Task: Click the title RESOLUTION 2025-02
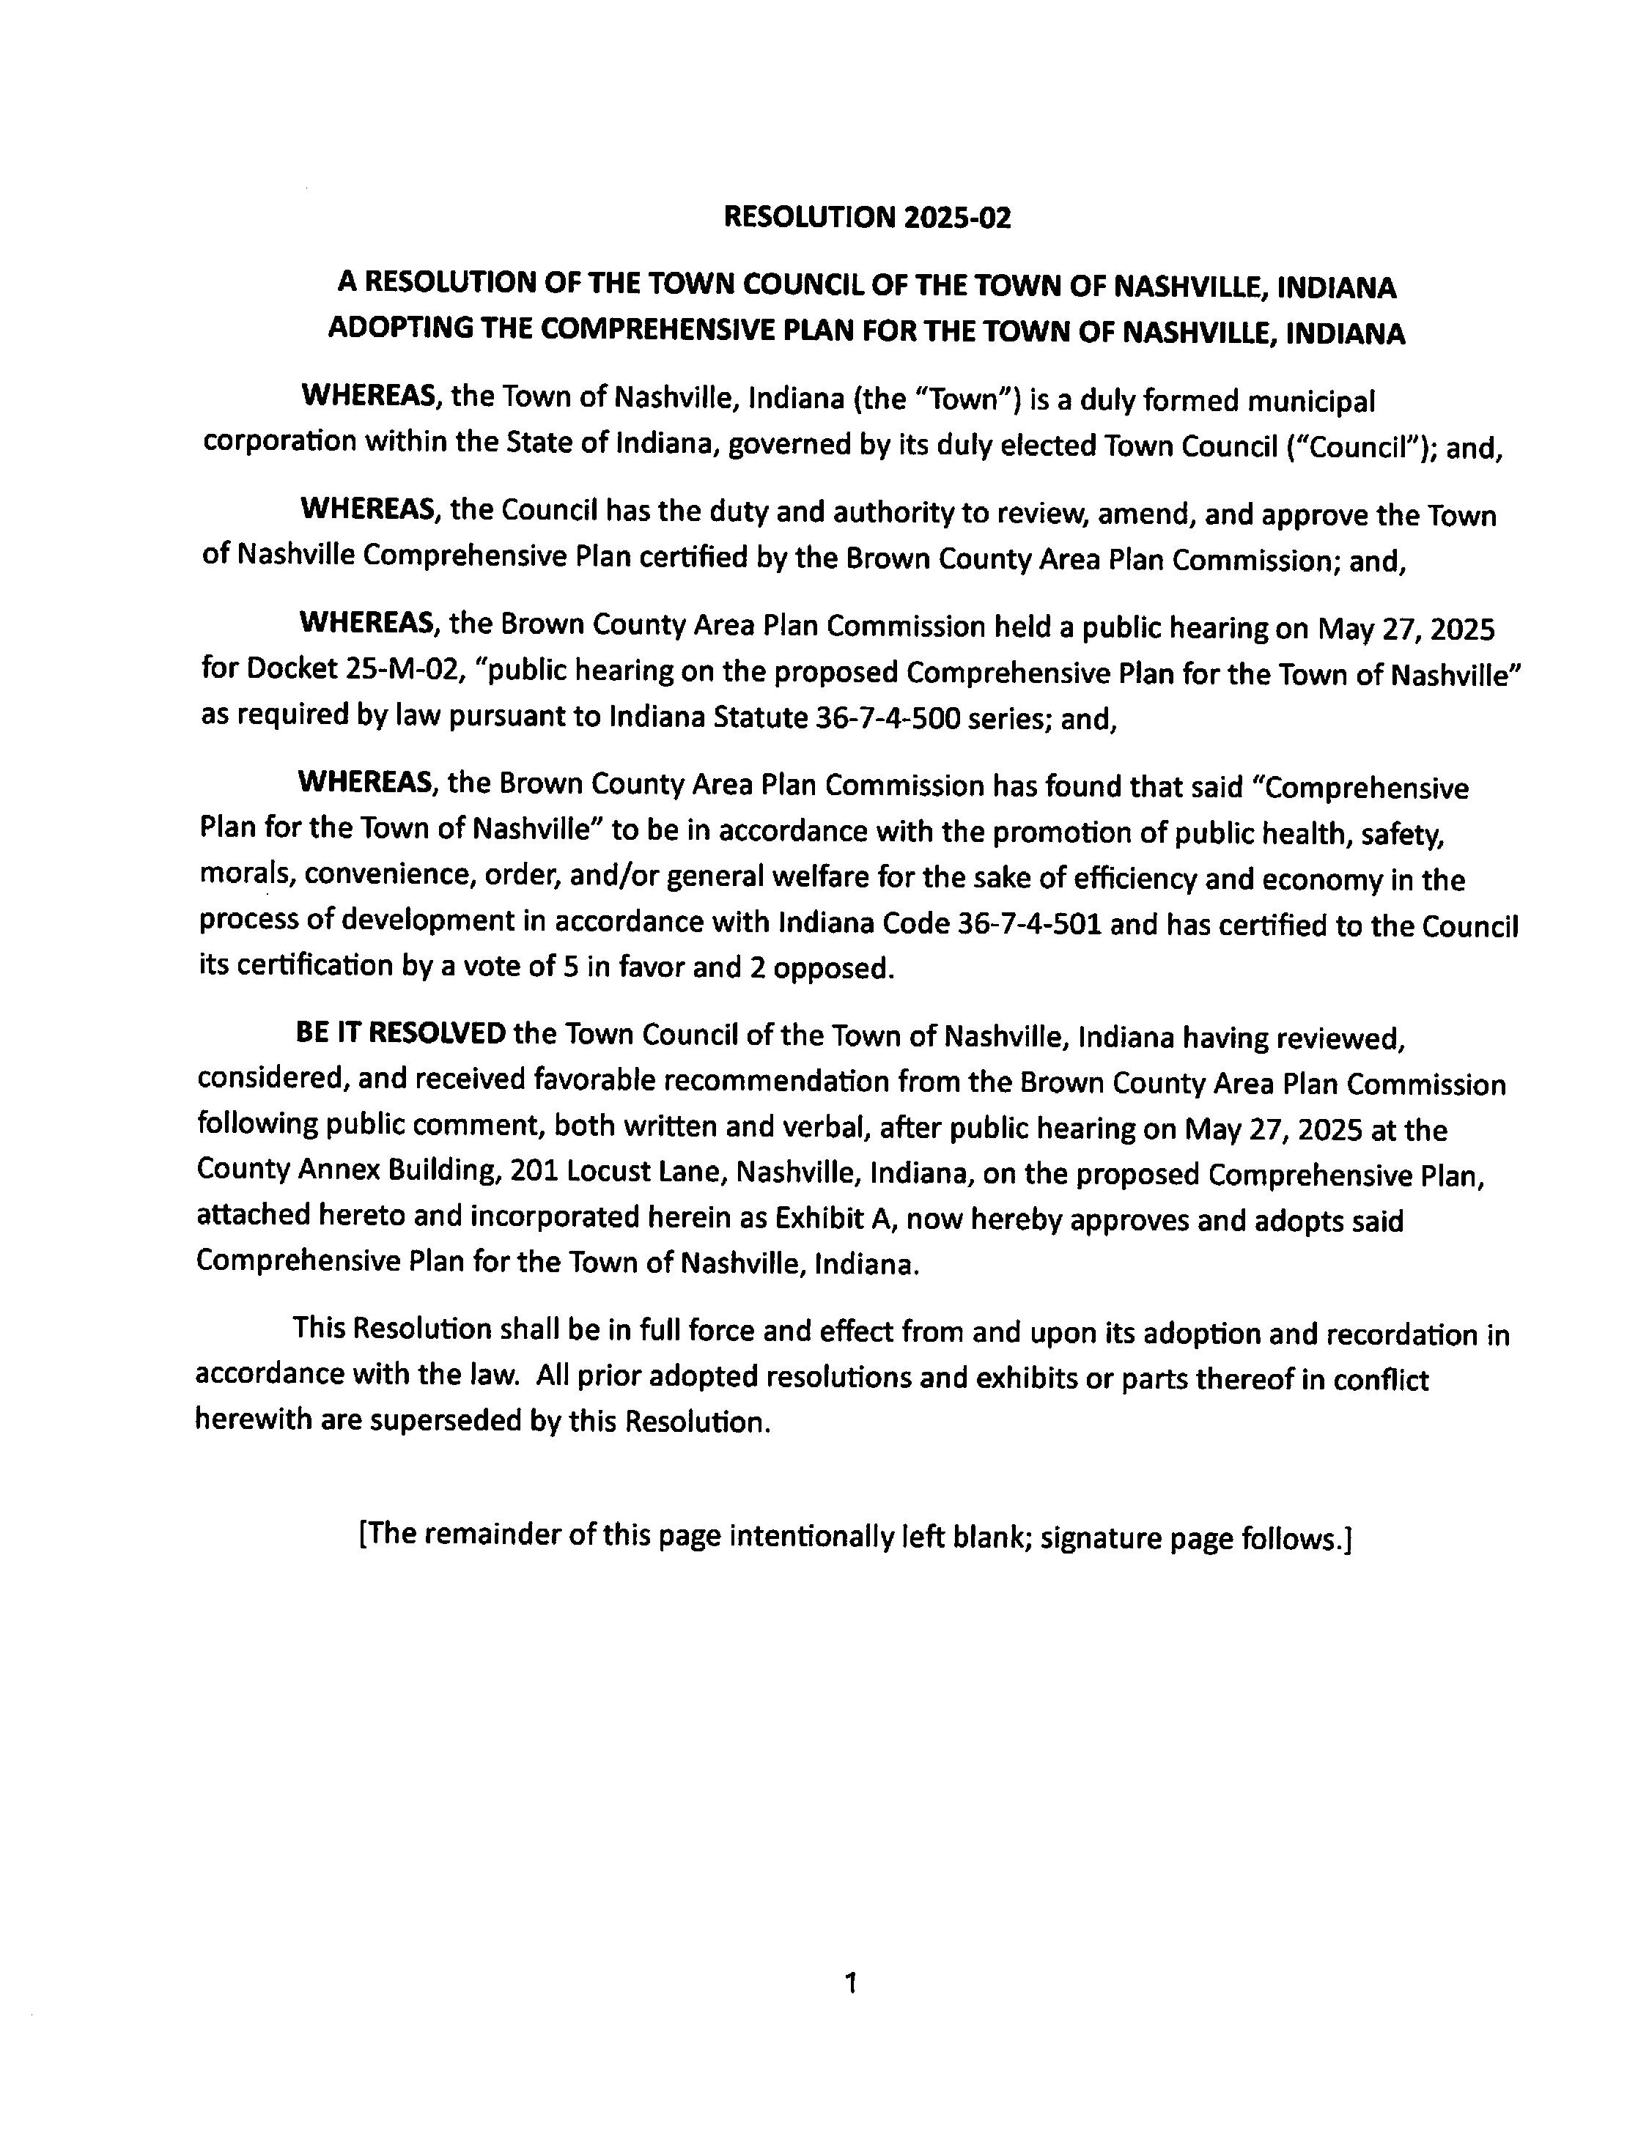pyautogui.click(x=866, y=217)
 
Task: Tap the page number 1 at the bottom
pyautogui.click(x=850, y=1982)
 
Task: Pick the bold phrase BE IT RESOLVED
pyautogui.click(x=400, y=1033)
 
